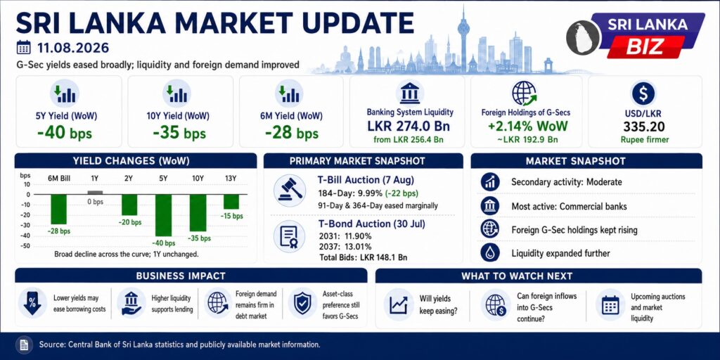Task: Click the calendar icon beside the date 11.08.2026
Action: tap(23, 47)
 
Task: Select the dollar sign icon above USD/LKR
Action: tap(643, 94)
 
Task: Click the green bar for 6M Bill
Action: tap(58, 209)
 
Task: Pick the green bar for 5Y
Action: tap(163, 215)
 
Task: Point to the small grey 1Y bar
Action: tap(95, 193)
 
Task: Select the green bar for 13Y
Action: tap(231, 202)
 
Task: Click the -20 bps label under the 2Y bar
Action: tap(129, 222)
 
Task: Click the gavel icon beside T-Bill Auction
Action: tap(289, 190)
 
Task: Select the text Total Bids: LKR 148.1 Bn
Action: tap(363, 257)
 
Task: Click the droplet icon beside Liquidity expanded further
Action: tap(490, 253)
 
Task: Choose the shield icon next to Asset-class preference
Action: tap(302, 304)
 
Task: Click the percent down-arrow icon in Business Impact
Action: tap(32, 304)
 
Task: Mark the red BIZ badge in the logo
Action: tap(645, 47)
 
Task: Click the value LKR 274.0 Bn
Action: tap(409, 126)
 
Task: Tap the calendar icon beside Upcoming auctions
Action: tap(610, 304)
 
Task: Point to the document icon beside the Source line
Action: tap(24, 345)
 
